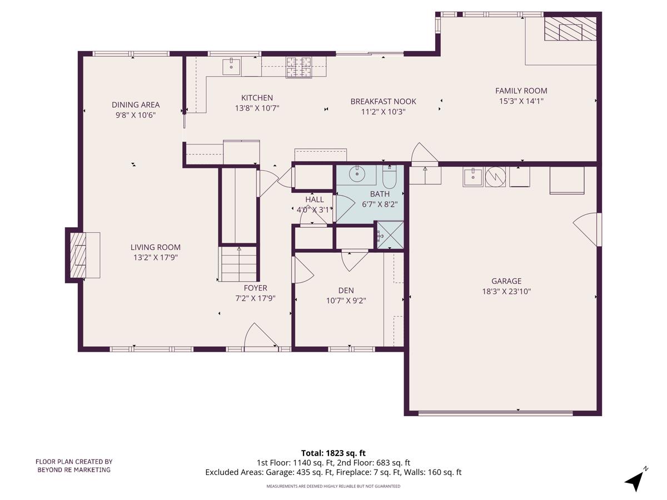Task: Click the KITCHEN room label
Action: coord(257,98)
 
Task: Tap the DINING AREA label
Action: coord(136,104)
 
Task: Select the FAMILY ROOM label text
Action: coord(521,91)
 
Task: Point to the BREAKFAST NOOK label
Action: coord(383,101)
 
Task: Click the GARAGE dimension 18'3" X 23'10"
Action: coord(506,291)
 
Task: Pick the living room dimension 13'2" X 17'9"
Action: coord(156,257)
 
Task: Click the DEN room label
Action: coord(346,290)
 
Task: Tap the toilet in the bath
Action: coord(389,177)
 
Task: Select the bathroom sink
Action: coord(356,174)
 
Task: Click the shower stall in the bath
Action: coord(390,234)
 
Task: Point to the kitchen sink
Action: coord(231,66)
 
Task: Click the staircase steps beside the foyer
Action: coord(239,264)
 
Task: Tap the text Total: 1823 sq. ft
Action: coord(333,453)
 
